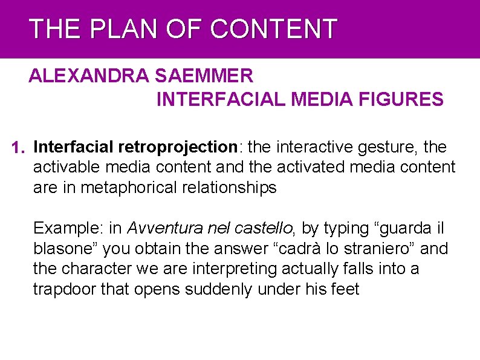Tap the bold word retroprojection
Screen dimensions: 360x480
(x=178, y=147)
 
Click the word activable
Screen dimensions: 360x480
(x=63, y=167)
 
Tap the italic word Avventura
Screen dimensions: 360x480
(x=157, y=228)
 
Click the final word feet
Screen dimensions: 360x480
(x=345, y=289)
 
